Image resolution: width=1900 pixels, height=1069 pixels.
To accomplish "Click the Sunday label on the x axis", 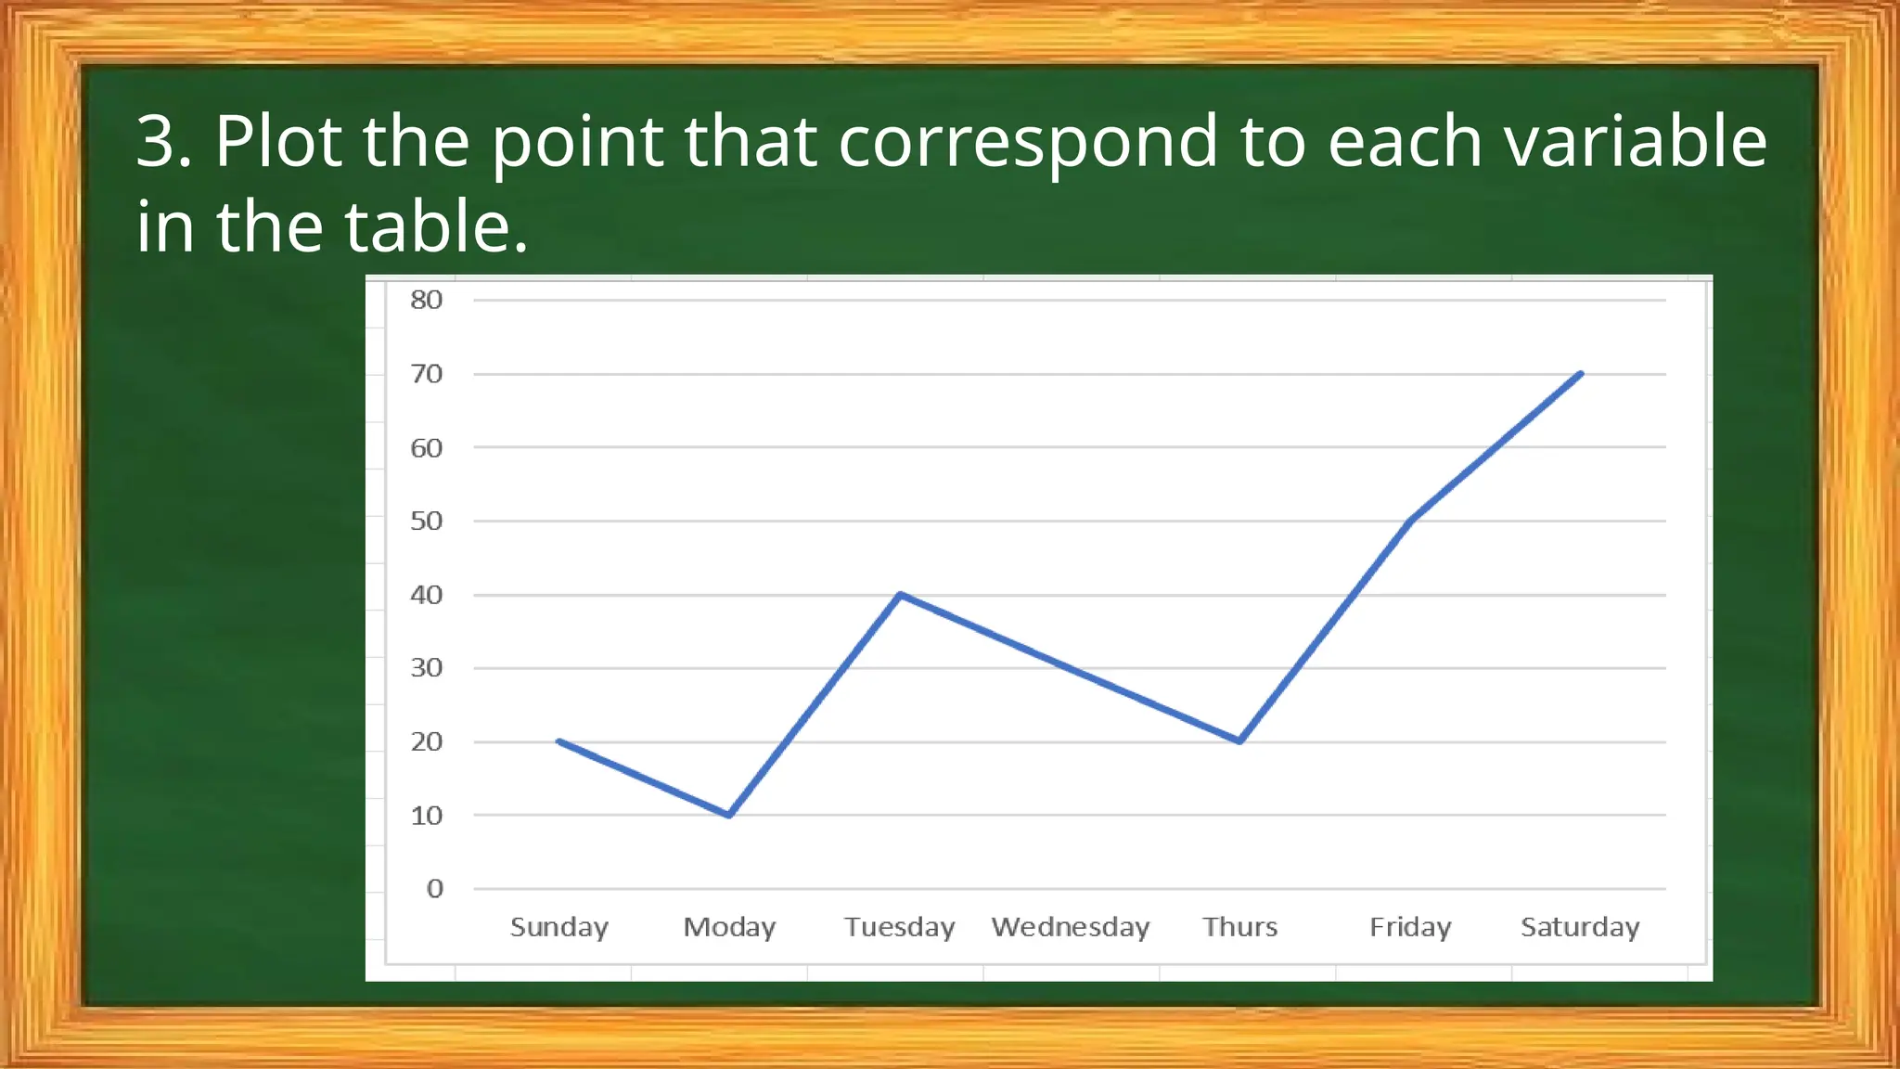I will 559,927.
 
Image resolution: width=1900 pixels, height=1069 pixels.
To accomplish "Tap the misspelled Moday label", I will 729,927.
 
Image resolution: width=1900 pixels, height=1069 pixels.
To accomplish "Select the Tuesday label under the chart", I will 899,927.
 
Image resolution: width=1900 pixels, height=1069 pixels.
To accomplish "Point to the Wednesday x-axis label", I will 1071,927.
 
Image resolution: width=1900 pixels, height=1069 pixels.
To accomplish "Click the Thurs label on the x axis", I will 1239,927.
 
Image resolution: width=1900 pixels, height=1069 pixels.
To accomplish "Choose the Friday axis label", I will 1410,927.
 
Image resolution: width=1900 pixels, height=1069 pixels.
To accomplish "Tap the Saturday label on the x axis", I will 1580,927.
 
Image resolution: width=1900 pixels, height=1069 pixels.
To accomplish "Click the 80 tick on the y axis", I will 427,300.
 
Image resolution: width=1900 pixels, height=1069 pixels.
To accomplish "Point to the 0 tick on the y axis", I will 434,889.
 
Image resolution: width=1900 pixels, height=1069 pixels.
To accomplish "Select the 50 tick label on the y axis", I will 427,521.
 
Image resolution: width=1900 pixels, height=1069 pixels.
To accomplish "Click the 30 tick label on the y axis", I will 427,668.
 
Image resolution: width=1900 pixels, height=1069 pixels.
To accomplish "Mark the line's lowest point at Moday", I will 729,815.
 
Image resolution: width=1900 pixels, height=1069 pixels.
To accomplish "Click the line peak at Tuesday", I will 900,594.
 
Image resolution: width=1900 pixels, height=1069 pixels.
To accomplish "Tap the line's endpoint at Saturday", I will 1580,374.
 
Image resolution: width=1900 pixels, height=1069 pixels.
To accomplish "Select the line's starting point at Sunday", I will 559,741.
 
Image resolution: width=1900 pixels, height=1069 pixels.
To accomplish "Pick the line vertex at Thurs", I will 1239,741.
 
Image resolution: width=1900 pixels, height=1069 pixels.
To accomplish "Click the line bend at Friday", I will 1410,521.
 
